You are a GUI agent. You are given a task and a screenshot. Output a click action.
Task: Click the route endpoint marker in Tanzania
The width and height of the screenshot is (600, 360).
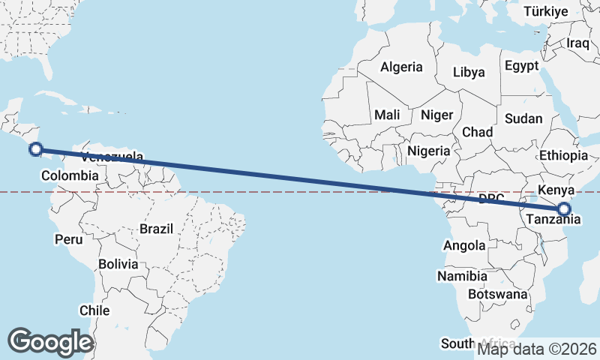[x=564, y=209]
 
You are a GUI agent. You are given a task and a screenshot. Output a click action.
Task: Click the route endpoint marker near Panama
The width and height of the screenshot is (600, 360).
[x=35, y=149]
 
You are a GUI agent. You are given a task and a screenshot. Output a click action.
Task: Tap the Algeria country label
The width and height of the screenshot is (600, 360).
[x=401, y=67]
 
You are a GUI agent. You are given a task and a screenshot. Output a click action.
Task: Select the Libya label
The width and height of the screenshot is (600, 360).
[x=469, y=73]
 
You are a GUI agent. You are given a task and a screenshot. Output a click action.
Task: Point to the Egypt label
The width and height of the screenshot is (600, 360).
[x=521, y=66]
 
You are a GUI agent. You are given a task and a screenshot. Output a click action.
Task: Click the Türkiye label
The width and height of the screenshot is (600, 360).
[x=546, y=11]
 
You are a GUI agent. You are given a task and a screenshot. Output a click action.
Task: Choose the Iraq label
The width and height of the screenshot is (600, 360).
[x=579, y=43]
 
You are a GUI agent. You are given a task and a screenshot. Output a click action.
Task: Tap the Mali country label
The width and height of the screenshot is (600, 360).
[x=387, y=115]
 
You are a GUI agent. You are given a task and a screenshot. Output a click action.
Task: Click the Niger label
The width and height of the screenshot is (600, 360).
[x=437, y=115]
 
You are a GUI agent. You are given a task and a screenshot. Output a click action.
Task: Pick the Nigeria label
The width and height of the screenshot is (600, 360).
[x=429, y=151]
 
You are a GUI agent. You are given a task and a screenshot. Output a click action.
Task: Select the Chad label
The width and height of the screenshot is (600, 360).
[x=477, y=132]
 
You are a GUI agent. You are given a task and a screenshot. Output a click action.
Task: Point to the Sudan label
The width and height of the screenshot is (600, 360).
[x=523, y=118]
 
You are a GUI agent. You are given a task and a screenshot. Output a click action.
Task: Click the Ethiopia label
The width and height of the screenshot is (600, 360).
[x=563, y=156]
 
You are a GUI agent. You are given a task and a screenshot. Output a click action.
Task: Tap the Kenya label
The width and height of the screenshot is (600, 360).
[x=556, y=190]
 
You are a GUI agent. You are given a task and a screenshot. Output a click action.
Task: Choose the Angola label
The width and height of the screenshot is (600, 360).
[x=465, y=246]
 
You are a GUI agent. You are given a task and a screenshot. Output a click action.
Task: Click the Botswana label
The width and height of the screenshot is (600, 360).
[x=497, y=294]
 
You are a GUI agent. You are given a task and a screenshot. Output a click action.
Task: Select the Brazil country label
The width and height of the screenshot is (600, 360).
[x=156, y=229]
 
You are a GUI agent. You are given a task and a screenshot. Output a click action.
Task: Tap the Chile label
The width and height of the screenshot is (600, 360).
[x=94, y=310]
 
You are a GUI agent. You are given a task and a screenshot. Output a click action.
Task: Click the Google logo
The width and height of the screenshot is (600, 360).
[x=51, y=342]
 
